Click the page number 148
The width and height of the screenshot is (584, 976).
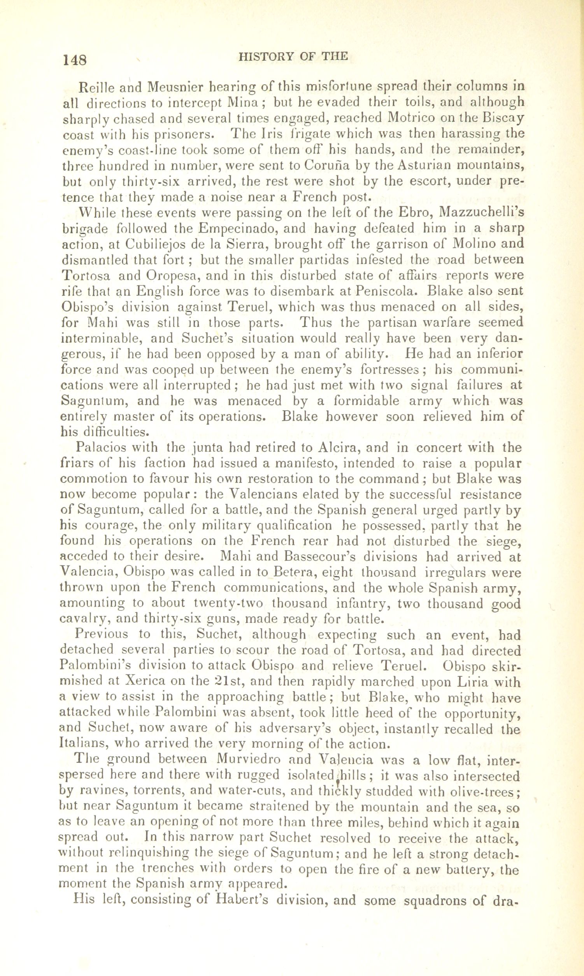74,60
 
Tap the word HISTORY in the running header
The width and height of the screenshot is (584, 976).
267,56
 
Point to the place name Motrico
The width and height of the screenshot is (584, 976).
414,118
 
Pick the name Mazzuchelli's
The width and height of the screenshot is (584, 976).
481,212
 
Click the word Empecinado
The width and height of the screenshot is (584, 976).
235,228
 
